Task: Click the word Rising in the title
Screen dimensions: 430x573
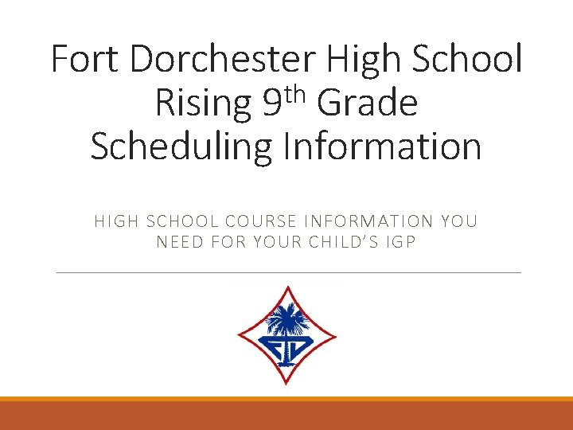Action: pos(201,104)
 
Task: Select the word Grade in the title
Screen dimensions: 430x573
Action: pos(367,103)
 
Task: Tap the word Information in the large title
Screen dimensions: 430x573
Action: pos(379,147)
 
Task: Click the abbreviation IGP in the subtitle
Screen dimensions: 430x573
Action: pos(401,241)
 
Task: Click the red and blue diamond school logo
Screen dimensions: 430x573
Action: pos(286,334)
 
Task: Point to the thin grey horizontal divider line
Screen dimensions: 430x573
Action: pos(289,273)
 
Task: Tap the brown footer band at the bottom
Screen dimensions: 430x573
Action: pos(286,416)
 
